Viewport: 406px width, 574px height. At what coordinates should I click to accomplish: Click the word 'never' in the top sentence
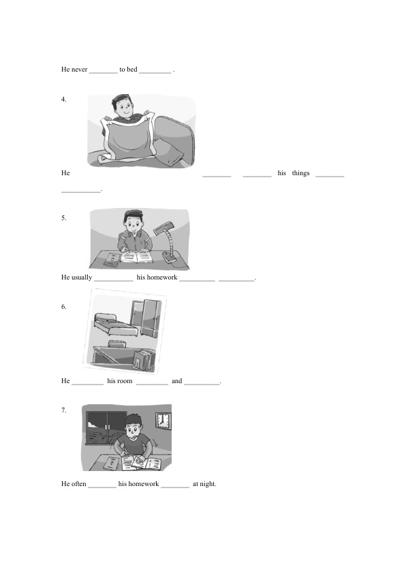pos(80,69)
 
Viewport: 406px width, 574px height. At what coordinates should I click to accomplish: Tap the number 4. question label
pos(63,100)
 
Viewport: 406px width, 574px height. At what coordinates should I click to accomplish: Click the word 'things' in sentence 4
pos(300,173)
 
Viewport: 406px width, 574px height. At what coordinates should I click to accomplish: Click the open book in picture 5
pos(136,257)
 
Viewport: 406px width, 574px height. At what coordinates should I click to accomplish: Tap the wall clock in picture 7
pos(163,421)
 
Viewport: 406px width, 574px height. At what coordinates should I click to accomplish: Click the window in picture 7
pos(106,427)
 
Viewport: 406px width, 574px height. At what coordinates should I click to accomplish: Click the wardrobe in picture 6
pos(146,318)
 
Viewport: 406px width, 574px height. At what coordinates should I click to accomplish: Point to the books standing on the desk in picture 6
pos(143,360)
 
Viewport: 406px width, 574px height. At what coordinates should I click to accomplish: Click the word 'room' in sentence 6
pos(125,381)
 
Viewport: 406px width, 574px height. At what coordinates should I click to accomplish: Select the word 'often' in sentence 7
pos(78,484)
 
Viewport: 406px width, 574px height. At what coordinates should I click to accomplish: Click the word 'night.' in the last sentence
pos(208,484)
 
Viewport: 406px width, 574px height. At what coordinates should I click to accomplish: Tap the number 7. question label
pos(63,410)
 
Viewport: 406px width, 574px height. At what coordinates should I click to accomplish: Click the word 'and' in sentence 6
pos(176,381)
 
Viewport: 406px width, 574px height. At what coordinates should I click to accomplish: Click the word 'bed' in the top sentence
pos(132,69)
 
